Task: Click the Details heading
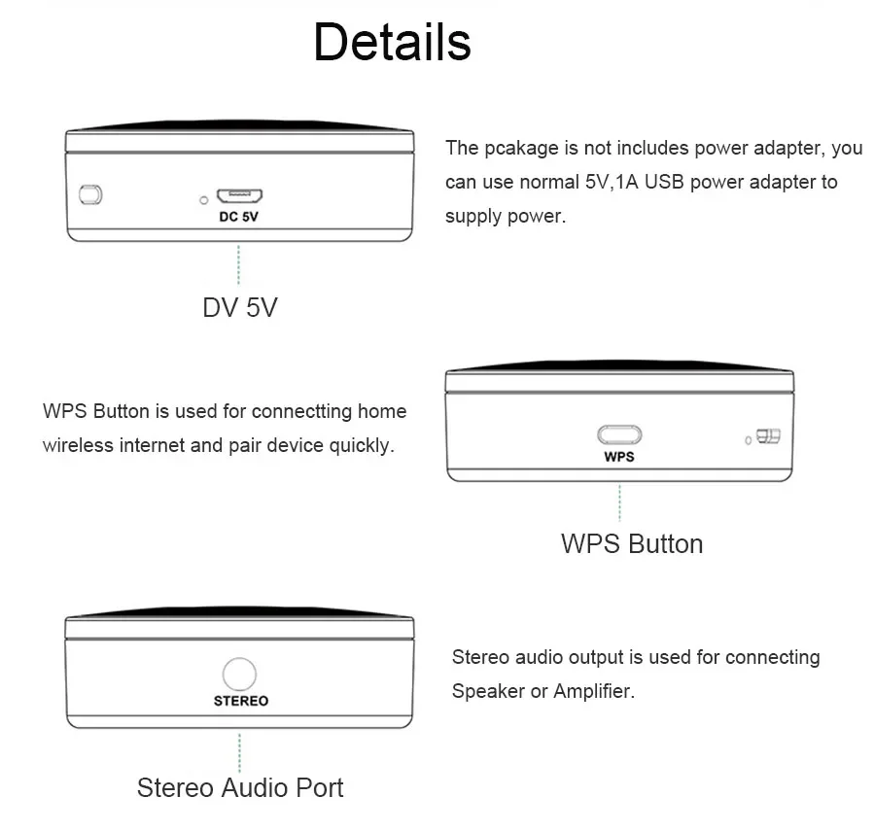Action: pyautogui.click(x=392, y=43)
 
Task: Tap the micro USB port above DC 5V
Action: pyautogui.click(x=237, y=195)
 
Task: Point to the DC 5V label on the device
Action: pyautogui.click(x=238, y=217)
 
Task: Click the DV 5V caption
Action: pyautogui.click(x=239, y=307)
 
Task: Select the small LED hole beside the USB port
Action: pyautogui.click(x=203, y=200)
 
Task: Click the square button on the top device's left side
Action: pyautogui.click(x=90, y=193)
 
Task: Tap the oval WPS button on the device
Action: pyautogui.click(x=619, y=435)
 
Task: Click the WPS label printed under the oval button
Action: pyautogui.click(x=619, y=456)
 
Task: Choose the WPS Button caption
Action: pyautogui.click(x=631, y=543)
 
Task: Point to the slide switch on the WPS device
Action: pyautogui.click(x=769, y=436)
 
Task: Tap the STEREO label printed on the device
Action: pyautogui.click(x=240, y=701)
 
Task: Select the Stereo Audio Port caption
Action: pyautogui.click(x=240, y=786)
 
